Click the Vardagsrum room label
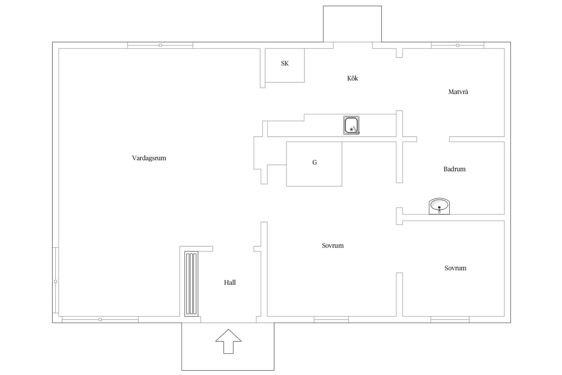(149, 158)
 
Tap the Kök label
(352, 79)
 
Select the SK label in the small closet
(285, 64)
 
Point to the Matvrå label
(458, 92)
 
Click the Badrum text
(454, 169)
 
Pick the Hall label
(230, 283)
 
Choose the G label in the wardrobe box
(315, 163)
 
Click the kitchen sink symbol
(351, 125)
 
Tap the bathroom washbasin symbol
(439, 206)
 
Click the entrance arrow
(228, 341)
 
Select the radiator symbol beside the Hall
(191, 284)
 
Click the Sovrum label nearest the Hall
(333, 246)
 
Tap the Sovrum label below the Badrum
(455, 268)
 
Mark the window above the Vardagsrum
(160, 45)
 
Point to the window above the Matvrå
(457, 45)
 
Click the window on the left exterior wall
(56, 281)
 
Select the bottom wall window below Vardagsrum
(100, 320)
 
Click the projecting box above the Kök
(352, 24)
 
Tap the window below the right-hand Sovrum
(450, 320)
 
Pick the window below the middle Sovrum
(331, 320)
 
